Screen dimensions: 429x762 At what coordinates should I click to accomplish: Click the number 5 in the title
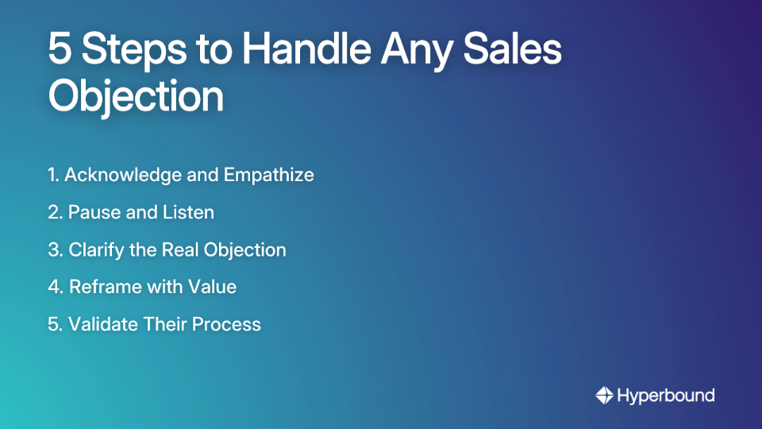(x=60, y=50)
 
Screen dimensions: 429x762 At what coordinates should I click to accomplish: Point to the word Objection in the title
(x=136, y=97)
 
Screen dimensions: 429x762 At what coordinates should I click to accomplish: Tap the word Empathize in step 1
(x=269, y=175)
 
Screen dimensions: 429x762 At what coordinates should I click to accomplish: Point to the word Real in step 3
(x=180, y=249)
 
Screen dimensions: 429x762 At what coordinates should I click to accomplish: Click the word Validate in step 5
(x=100, y=324)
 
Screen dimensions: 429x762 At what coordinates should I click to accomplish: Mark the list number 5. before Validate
(x=55, y=324)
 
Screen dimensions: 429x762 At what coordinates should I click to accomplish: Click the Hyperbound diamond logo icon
(x=604, y=395)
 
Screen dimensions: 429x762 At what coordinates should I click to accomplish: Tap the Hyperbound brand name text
(x=666, y=395)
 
